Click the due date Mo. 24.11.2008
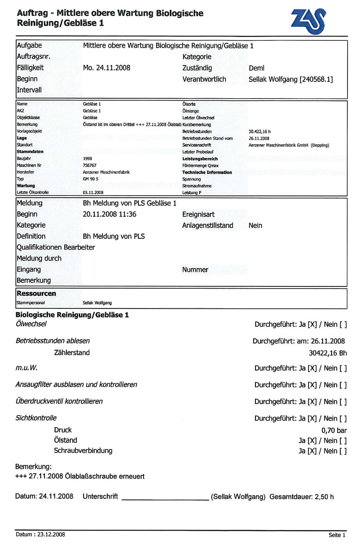pos(106,68)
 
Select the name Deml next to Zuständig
pos(257,68)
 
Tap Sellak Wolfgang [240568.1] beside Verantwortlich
pos(291,79)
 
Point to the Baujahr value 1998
pos(87,159)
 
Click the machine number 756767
pos(89,165)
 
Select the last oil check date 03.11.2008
pos(93,193)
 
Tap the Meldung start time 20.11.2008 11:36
pos(109,214)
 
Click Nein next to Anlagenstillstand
pos(255,225)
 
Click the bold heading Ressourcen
pos(36,294)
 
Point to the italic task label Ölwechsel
pos(31,324)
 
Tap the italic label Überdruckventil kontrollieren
pos(59,401)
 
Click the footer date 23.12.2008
pos(50,534)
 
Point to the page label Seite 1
pos(337,535)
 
